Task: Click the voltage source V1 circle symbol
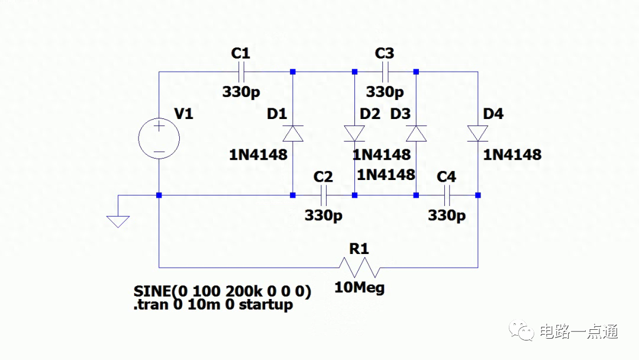coord(159,140)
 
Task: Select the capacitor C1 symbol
coord(241,72)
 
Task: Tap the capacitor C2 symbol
coord(324,195)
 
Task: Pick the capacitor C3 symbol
coord(385,72)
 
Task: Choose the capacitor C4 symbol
coord(447,195)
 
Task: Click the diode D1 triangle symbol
coord(293,134)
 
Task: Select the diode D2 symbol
coord(354,134)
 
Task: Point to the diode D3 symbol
coord(416,134)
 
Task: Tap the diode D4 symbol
coord(477,134)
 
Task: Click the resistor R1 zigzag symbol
coord(359,268)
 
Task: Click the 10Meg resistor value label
coord(359,288)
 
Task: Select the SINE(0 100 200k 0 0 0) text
coord(222,292)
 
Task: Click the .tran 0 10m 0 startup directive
coord(213,305)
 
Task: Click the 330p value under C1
coord(241,92)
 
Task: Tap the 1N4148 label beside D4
coord(512,155)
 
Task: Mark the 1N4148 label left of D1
coord(258,155)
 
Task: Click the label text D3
coord(401,114)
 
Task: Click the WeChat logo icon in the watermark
coord(522,330)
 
